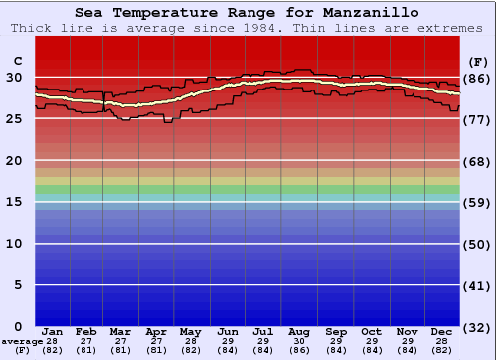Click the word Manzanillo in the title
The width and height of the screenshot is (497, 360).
click(x=364, y=13)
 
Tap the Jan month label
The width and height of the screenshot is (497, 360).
click(x=53, y=331)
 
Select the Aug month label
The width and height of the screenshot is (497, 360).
click(x=299, y=331)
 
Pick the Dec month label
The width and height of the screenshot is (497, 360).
click(x=442, y=331)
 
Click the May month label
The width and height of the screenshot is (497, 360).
click(x=189, y=331)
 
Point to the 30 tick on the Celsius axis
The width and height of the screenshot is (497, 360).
click(x=14, y=77)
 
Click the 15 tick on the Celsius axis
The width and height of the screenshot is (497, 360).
click(x=14, y=202)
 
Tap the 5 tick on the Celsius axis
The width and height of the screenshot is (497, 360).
click(x=18, y=285)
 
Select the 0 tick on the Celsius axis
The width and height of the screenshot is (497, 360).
click(x=18, y=327)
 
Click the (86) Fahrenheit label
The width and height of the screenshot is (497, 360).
click(x=478, y=78)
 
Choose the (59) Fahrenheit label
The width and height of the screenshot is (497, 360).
click(x=478, y=203)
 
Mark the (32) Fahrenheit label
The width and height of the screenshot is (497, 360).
click(x=478, y=328)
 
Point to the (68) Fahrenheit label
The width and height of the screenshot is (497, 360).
click(x=478, y=161)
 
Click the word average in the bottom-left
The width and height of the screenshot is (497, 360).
click(x=22, y=341)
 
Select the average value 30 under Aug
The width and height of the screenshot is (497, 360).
click(x=299, y=341)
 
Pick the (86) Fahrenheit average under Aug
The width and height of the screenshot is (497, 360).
click(x=299, y=350)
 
